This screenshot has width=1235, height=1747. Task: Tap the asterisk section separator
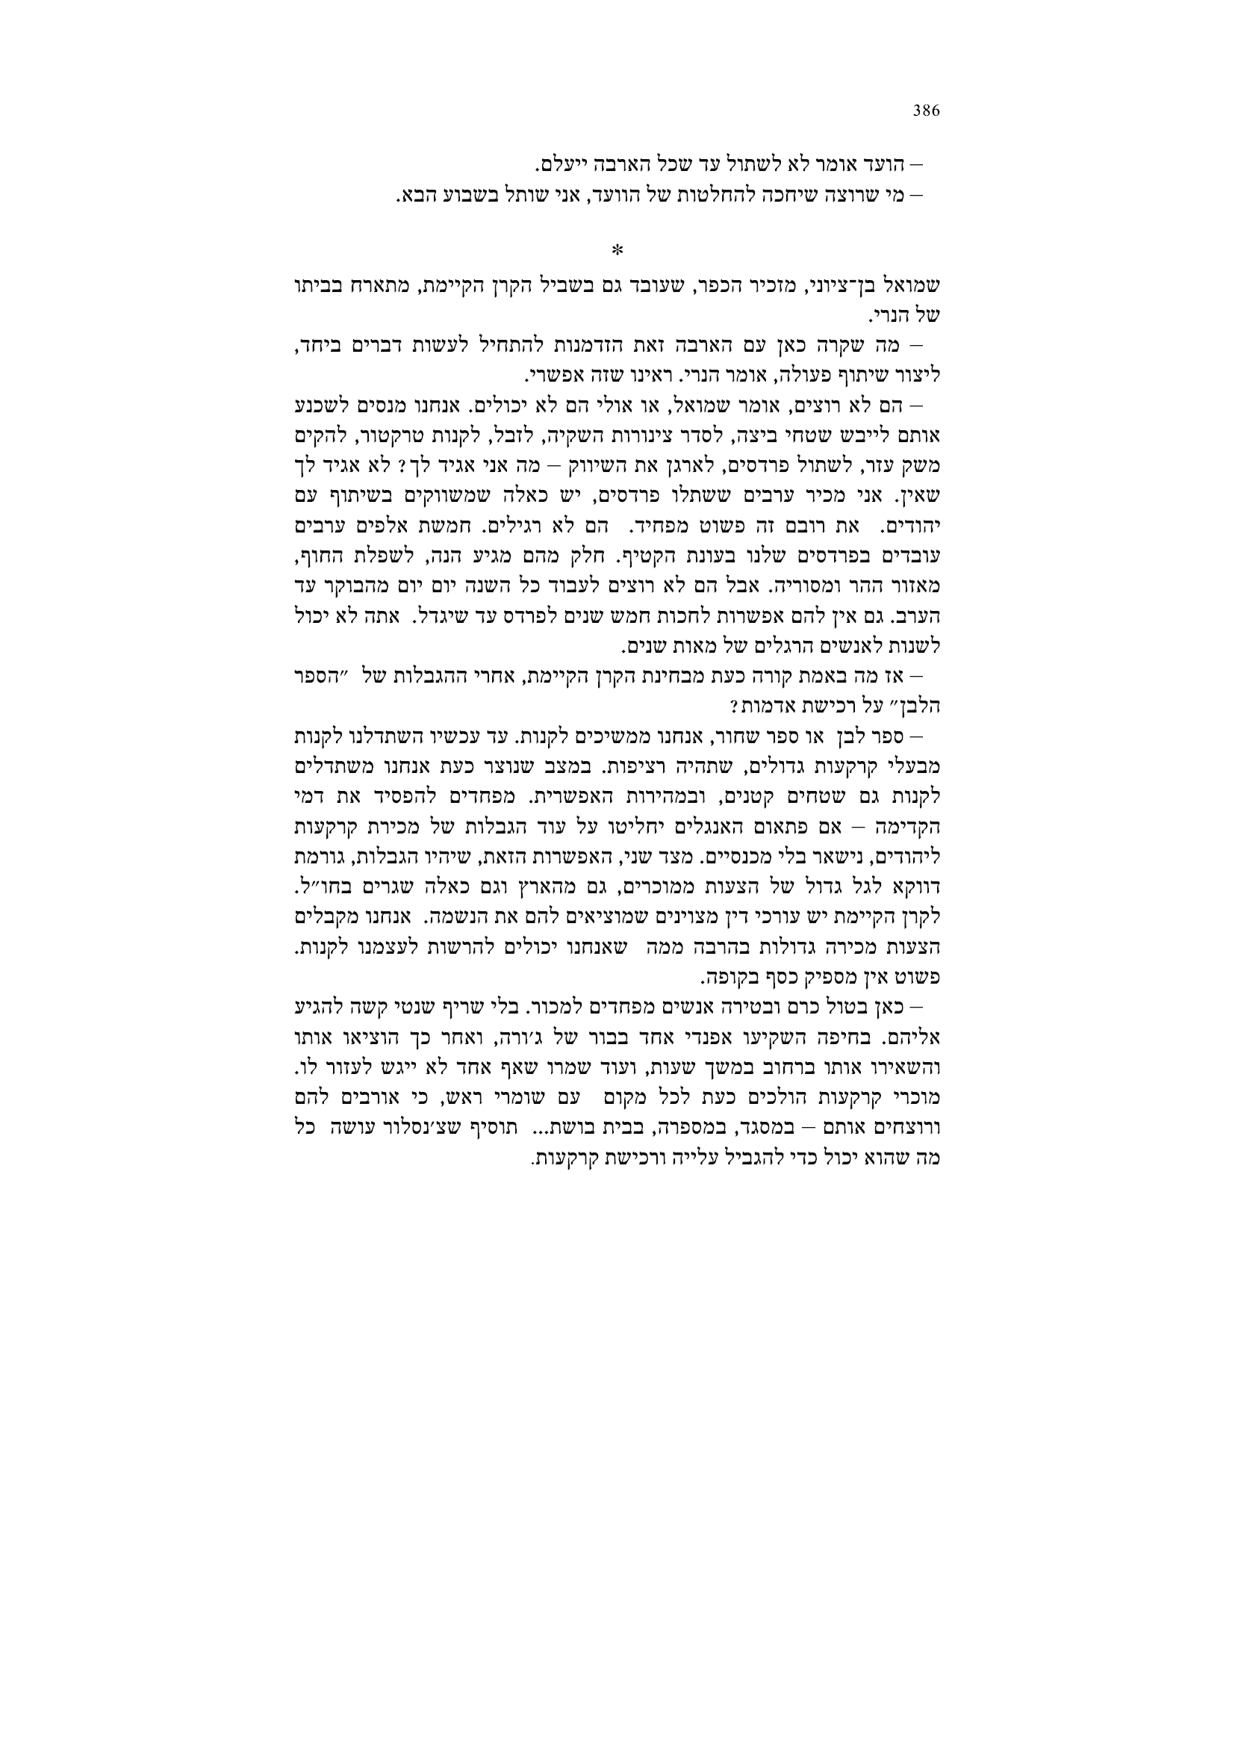(x=617, y=249)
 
